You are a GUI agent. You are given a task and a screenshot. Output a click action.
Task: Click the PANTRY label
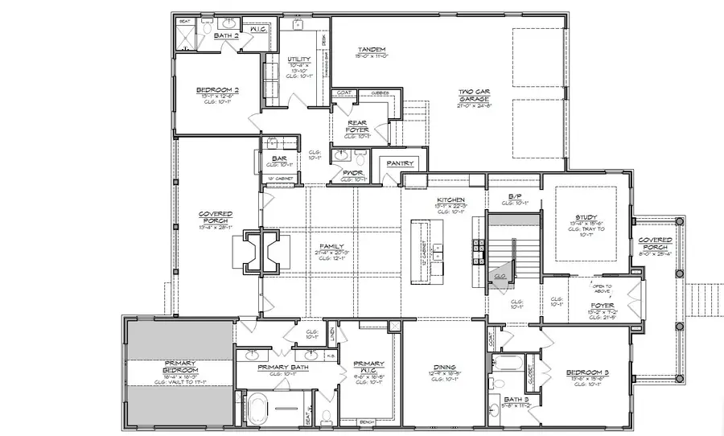(x=399, y=163)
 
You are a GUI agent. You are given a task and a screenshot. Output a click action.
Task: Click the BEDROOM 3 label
(x=584, y=372)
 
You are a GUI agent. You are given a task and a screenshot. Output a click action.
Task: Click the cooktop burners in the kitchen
(x=477, y=250)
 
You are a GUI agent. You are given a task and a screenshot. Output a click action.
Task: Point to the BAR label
(x=279, y=158)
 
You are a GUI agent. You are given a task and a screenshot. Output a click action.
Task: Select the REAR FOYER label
(x=356, y=125)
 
